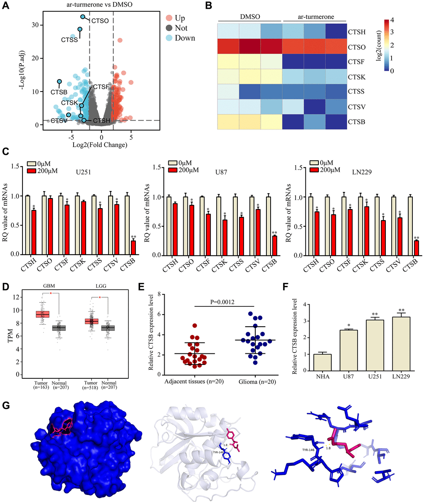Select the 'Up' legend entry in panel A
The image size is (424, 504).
180,18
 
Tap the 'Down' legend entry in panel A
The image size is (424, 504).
185,38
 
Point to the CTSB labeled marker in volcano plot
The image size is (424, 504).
59,82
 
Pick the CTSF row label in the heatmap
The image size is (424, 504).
356,62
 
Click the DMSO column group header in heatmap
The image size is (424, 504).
250,17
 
